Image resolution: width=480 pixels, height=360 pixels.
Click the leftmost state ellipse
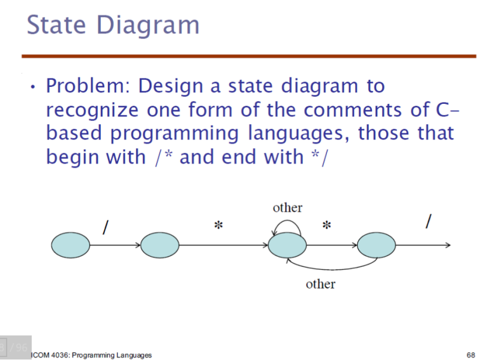tap(70, 245)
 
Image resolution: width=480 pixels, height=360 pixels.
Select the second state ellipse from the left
tap(160, 245)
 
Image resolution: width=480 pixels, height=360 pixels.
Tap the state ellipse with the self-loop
tap(287, 245)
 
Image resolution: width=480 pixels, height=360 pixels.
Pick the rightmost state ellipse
tap(376, 245)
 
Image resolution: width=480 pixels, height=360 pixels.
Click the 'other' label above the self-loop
tap(287, 208)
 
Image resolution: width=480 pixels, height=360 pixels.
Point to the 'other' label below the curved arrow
tap(320, 284)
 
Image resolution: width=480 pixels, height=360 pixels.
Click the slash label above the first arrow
tap(106, 227)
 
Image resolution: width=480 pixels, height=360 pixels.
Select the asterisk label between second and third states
tap(218, 226)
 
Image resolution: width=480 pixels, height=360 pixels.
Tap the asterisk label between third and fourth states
tap(326, 226)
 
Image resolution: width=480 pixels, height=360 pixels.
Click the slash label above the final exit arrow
tap(428, 221)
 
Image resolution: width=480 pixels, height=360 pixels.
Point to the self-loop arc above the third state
tap(287, 221)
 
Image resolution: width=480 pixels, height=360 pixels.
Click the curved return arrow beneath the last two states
tap(332, 269)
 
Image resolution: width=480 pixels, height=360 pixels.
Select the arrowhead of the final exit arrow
tap(448, 245)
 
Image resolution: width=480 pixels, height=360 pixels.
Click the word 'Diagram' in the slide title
tap(148, 26)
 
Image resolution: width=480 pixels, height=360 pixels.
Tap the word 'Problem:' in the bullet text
tap(88, 86)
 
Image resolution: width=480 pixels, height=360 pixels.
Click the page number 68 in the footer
tap(471, 355)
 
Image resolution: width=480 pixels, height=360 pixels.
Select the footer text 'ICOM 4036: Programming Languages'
tap(92, 355)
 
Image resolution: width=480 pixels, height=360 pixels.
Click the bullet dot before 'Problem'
tap(33, 87)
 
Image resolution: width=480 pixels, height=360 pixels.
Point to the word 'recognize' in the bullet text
tap(92, 110)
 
